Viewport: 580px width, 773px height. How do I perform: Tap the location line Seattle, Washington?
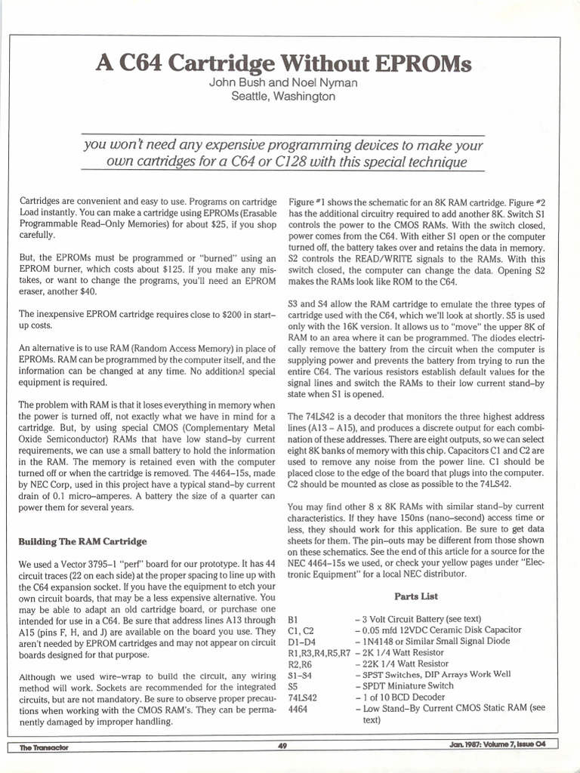point(283,97)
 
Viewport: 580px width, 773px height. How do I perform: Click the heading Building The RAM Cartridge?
point(82,542)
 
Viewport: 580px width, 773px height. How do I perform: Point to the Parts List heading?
point(416,596)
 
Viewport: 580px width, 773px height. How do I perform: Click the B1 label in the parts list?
point(293,618)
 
